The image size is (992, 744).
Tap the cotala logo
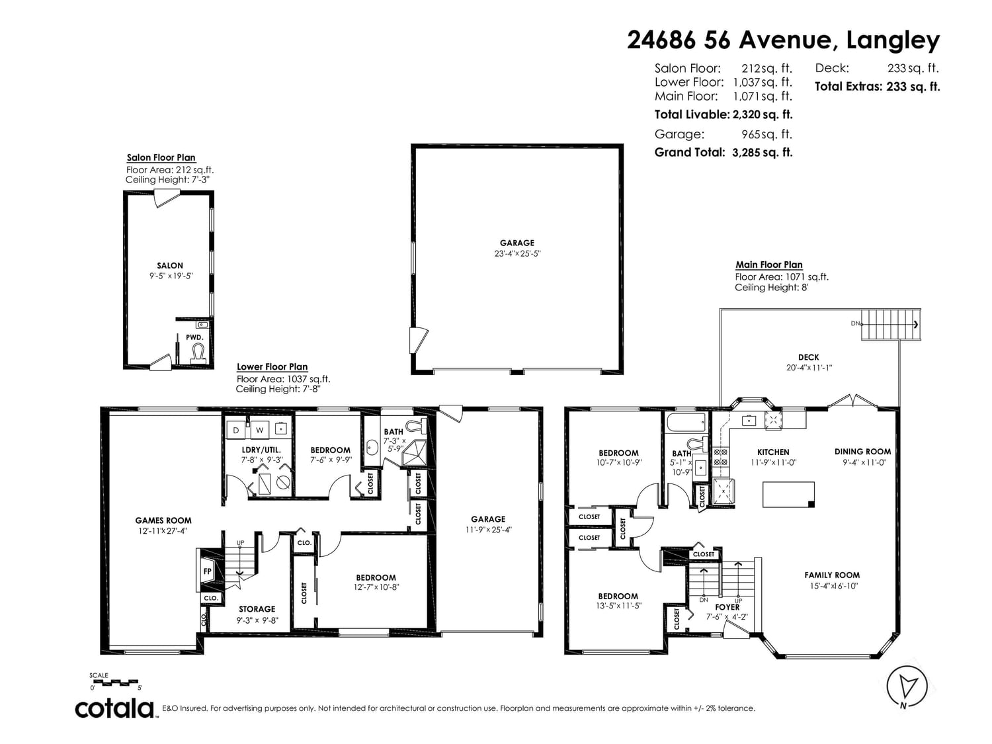pos(115,709)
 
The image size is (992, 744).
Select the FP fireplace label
pos(208,571)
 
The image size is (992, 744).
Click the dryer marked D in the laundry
pos(235,430)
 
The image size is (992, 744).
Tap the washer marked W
pos(259,430)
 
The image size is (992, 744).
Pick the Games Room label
pos(163,520)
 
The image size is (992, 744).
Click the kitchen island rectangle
pos(788,495)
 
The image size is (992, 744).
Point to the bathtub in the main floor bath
pos(686,423)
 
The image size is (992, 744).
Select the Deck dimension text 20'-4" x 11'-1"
pos(809,368)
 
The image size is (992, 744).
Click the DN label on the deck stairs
pos(855,323)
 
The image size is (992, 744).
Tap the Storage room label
pos(257,609)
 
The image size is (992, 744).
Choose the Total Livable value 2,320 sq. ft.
pos(763,114)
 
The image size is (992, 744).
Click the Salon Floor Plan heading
pos(161,157)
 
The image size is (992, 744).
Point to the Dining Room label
pos(862,451)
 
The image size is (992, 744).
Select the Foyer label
pos(727,607)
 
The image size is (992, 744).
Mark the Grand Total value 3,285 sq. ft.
pos(763,153)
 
